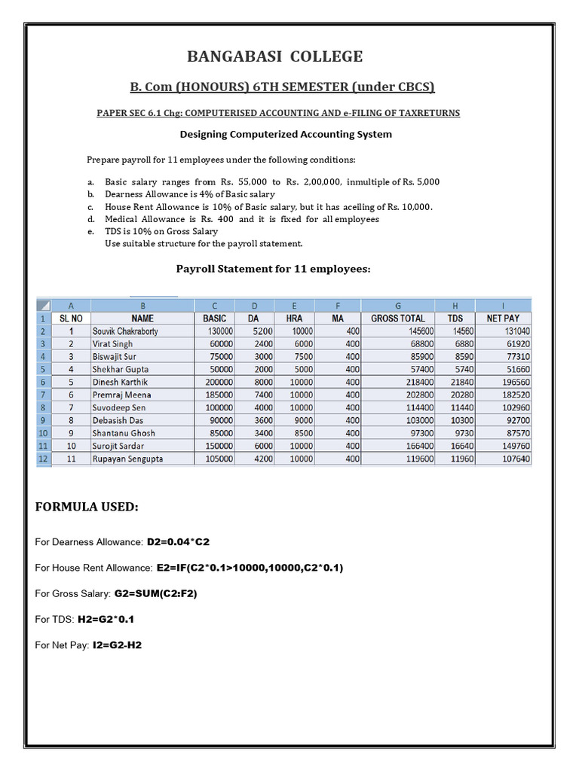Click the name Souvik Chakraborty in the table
(125, 331)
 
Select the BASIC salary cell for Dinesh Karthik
(216, 382)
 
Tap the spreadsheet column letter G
(397, 306)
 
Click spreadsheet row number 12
(44, 459)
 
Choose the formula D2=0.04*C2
(177, 542)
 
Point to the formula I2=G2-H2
(117, 645)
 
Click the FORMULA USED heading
(87, 508)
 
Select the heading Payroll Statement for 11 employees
(273, 268)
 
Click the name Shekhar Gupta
(120, 369)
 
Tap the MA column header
(338, 318)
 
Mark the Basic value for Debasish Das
(216, 420)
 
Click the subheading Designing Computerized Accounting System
(285, 135)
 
